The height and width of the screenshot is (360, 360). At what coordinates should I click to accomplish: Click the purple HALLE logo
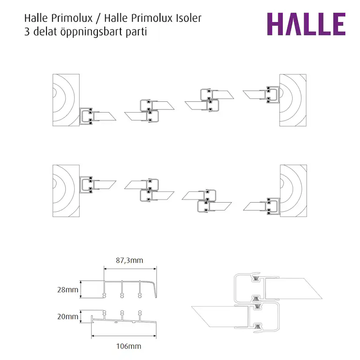306,24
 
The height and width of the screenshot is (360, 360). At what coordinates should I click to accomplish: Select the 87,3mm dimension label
129,260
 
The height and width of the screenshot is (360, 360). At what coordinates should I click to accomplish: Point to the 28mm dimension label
68,290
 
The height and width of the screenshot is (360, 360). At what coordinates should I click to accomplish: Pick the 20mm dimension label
68,317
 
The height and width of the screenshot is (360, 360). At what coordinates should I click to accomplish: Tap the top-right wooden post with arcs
293,100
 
